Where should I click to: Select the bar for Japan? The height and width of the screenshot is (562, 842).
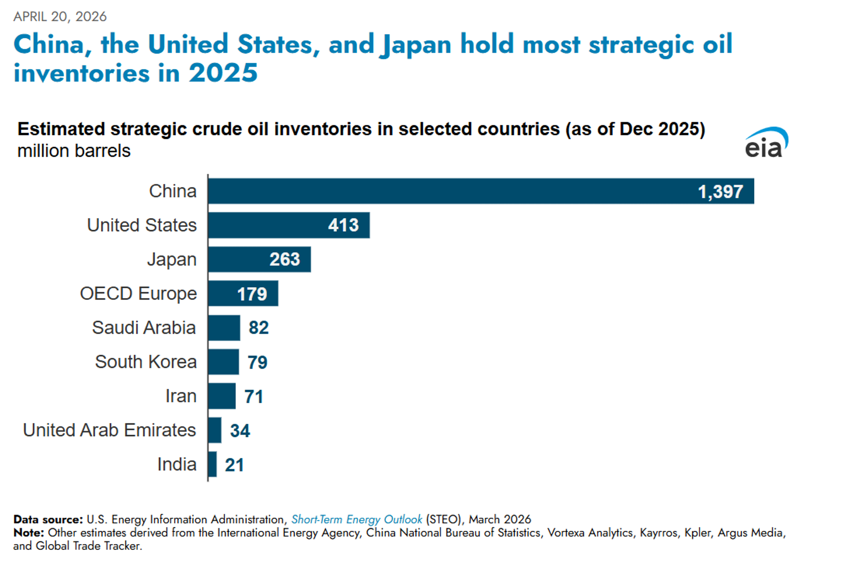(x=259, y=259)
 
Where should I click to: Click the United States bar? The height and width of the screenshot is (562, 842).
(x=289, y=225)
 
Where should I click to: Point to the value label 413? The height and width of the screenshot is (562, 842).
(x=343, y=225)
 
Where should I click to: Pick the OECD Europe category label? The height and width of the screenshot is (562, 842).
(x=138, y=294)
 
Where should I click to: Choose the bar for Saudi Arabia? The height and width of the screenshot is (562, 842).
(x=224, y=328)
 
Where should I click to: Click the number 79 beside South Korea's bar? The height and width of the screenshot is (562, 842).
(x=257, y=362)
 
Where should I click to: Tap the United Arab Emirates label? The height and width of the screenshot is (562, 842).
(x=109, y=430)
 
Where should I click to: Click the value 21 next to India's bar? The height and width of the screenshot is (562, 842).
(x=234, y=465)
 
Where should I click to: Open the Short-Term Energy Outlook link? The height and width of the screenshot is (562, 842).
(x=356, y=519)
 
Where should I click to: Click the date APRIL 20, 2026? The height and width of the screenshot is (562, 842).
(x=60, y=16)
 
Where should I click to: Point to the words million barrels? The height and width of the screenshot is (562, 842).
(x=74, y=151)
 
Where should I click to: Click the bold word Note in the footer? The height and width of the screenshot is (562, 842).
(x=28, y=533)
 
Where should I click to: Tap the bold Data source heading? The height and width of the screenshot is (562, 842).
(x=48, y=519)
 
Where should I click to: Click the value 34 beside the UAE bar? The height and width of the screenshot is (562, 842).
(x=240, y=430)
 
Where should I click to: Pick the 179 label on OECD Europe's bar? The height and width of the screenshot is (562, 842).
(x=252, y=294)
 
